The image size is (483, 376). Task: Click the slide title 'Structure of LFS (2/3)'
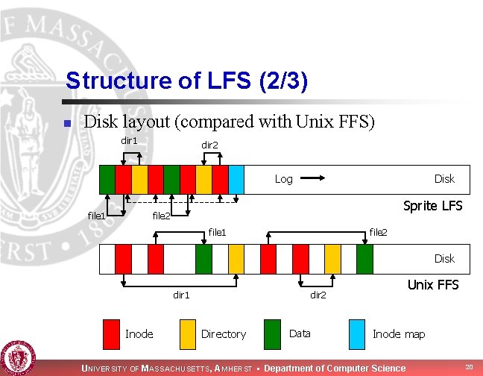(x=186, y=81)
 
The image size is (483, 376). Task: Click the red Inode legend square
(x=111, y=333)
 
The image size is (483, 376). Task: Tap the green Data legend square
(x=274, y=333)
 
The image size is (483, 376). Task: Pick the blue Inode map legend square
(x=357, y=333)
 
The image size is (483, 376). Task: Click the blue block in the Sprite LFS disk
(x=236, y=179)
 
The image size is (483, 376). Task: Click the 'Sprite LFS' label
(x=432, y=205)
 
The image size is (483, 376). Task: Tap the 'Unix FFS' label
(x=432, y=285)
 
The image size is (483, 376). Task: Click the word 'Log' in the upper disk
(x=284, y=179)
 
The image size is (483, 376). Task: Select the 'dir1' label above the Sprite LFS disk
(x=130, y=141)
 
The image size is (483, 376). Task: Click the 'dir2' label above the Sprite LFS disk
(x=209, y=145)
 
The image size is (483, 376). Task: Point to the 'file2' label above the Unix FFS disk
(x=378, y=233)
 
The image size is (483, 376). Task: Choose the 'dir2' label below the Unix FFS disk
(x=318, y=295)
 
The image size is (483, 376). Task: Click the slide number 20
(x=468, y=366)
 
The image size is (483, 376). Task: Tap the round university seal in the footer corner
(x=17, y=358)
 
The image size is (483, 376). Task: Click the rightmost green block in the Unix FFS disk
(x=364, y=259)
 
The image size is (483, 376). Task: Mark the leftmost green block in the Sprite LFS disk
(x=107, y=179)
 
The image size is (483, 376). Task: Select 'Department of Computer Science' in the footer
(x=335, y=368)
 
